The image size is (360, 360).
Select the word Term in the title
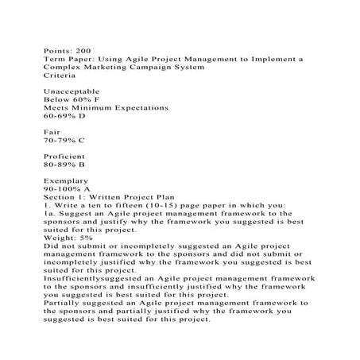(x=53, y=59)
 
